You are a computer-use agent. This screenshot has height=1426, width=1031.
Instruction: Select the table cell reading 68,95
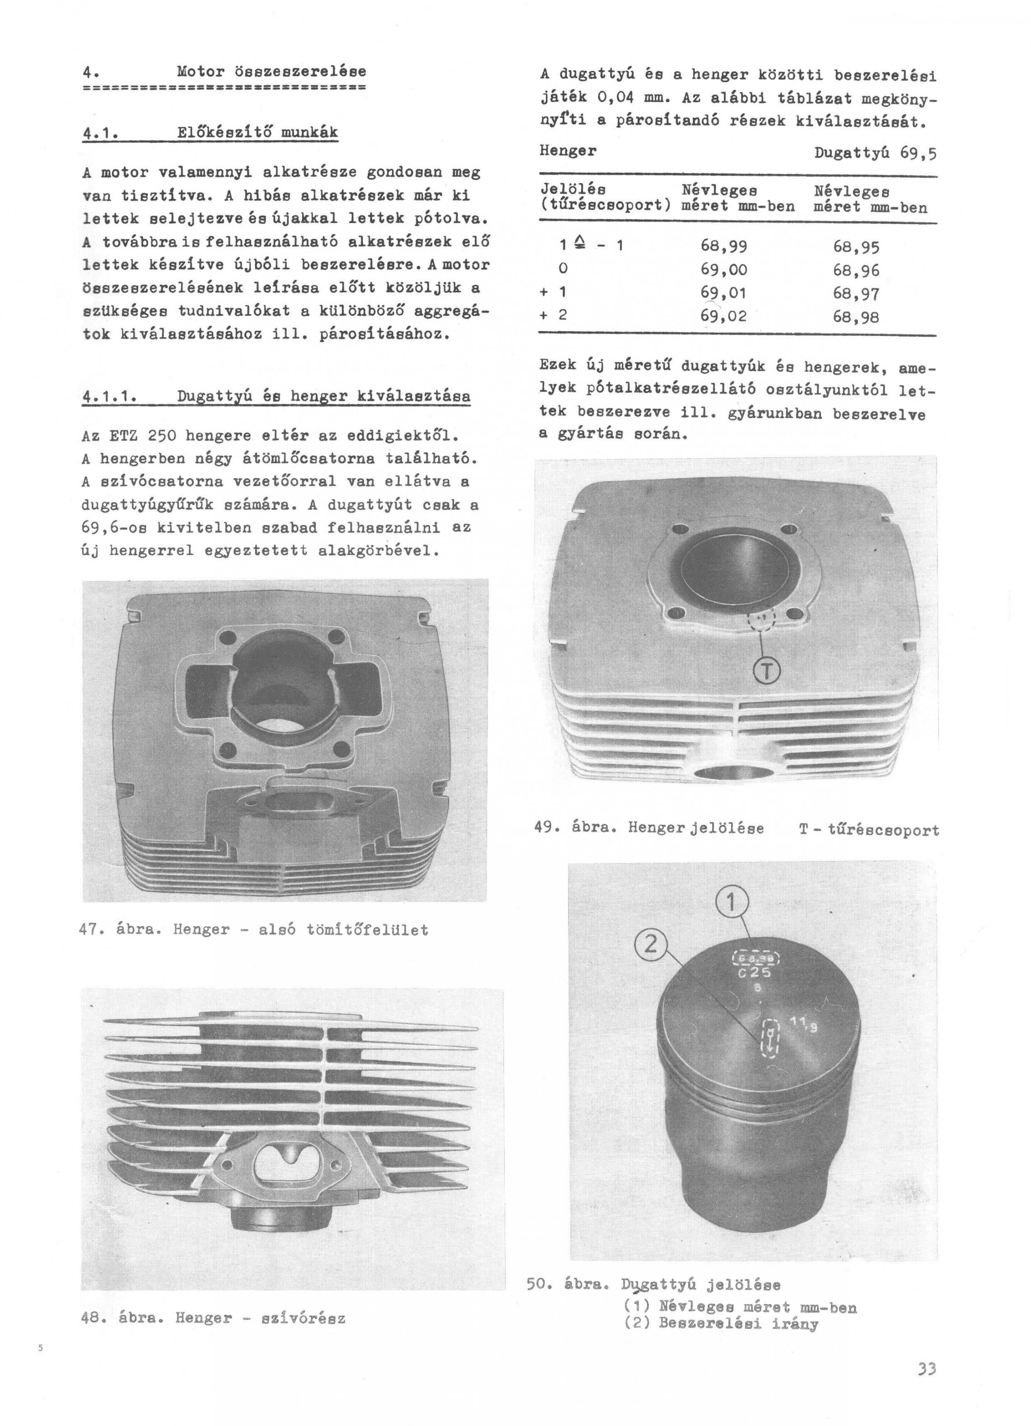pos(856,247)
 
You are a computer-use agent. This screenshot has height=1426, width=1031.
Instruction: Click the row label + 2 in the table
pos(553,314)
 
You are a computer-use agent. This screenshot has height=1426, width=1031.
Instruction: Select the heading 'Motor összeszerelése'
pos(271,71)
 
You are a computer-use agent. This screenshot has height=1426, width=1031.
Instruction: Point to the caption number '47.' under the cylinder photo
pos(93,930)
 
